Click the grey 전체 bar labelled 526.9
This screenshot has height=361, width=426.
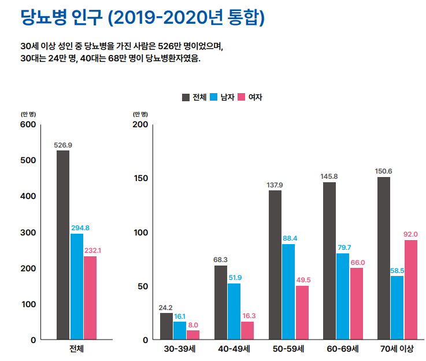click(x=63, y=245)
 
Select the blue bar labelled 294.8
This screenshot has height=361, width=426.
click(x=77, y=286)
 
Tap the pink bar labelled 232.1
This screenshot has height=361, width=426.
click(x=90, y=297)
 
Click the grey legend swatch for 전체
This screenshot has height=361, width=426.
click(x=186, y=97)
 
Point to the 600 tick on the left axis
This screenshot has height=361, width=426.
click(x=28, y=124)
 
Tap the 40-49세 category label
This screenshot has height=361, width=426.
click(x=234, y=349)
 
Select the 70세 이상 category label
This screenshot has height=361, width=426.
click(x=397, y=349)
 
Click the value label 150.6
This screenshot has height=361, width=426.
click(x=384, y=171)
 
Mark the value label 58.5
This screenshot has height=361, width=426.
click(x=397, y=270)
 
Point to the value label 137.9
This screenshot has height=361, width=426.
click(x=275, y=185)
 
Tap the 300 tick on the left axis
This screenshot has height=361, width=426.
click(x=28, y=233)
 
